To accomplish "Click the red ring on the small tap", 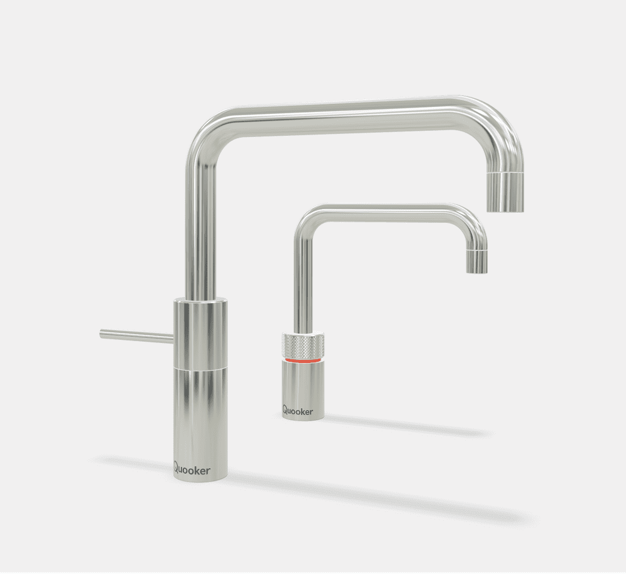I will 303,361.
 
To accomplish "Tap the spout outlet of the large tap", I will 505,207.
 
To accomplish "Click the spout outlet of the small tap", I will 477,269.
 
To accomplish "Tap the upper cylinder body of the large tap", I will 200,332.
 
